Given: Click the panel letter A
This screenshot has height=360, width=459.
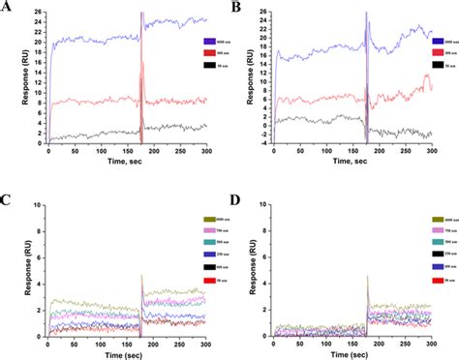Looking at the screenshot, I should point(7,8).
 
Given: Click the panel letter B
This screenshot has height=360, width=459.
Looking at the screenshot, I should point(237,8).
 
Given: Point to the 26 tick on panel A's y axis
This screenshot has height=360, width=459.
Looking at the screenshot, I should point(35,13).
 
